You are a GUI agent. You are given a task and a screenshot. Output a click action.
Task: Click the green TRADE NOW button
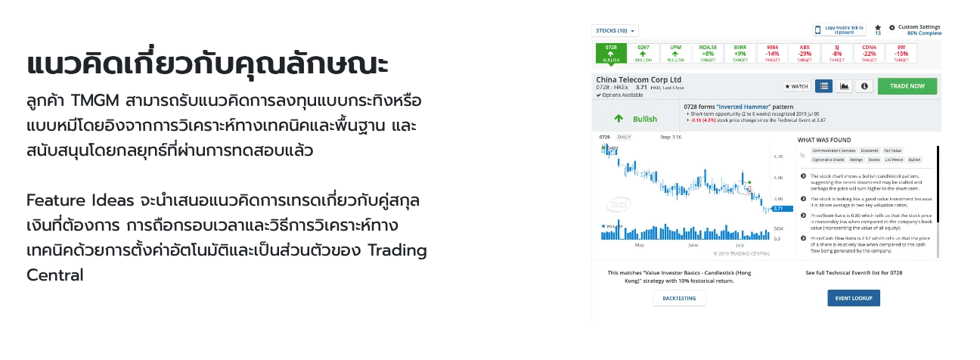(x=907, y=86)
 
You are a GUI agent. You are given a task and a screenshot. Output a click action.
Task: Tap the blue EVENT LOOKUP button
(x=853, y=298)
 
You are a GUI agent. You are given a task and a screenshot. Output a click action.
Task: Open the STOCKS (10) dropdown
(x=615, y=31)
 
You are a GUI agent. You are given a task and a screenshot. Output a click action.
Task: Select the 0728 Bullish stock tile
(x=612, y=53)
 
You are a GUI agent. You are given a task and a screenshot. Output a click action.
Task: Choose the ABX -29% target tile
(x=805, y=53)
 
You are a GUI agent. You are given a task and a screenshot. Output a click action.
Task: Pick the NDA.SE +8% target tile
(x=708, y=53)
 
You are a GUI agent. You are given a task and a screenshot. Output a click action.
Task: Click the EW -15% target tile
(x=901, y=53)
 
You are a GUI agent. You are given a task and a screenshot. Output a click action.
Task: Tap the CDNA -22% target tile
(x=869, y=53)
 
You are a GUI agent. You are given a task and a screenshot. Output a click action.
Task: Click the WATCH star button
(x=795, y=86)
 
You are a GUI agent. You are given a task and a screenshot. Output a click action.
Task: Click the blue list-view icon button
(x=823, y=86)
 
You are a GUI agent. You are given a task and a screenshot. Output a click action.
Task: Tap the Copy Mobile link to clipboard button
(x=839, y=30)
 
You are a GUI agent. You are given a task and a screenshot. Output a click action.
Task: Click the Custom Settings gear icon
(x=892, y=27)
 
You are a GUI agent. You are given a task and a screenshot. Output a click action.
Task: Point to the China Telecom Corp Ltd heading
(x=639, y=79)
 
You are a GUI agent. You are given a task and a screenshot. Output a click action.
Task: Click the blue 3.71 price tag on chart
(x=782, y=208)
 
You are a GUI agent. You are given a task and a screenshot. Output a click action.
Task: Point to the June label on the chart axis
(x=693, y=246)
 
